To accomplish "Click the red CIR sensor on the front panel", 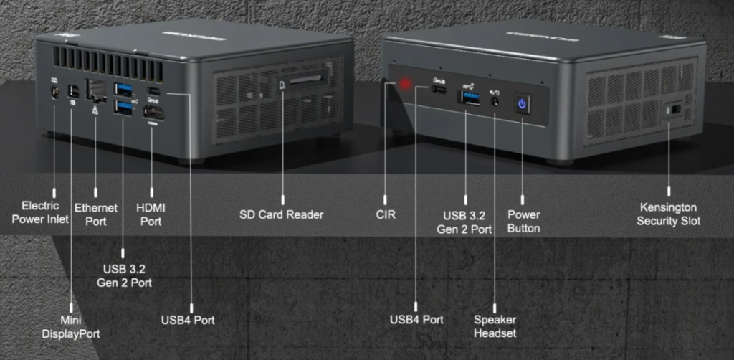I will [x=406, y=85].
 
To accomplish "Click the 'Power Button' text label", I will [x=523, y=221].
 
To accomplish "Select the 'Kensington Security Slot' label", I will [x=669, y=214].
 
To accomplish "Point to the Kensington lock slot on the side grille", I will [x=675, y=110].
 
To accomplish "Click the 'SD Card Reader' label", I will [x=282, y=214].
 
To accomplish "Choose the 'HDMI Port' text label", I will [x=151, y=214].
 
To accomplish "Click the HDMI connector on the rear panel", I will [x=153, y=113].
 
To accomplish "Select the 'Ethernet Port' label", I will [x=95, y=214].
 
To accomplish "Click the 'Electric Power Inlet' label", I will [x=40, y=212].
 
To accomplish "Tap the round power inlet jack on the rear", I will [x=54, y=92].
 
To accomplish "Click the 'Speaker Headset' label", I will [x=495, y=326].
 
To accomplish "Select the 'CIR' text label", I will [x=386, y=214].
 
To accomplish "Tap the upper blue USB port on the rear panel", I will [x=123, y=90].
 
